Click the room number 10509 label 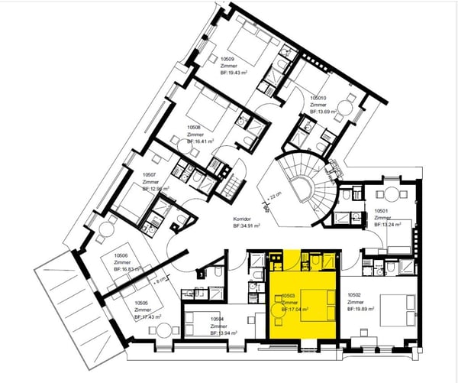227,58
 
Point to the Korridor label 242,219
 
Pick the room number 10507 150,174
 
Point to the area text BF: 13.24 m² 389,226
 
